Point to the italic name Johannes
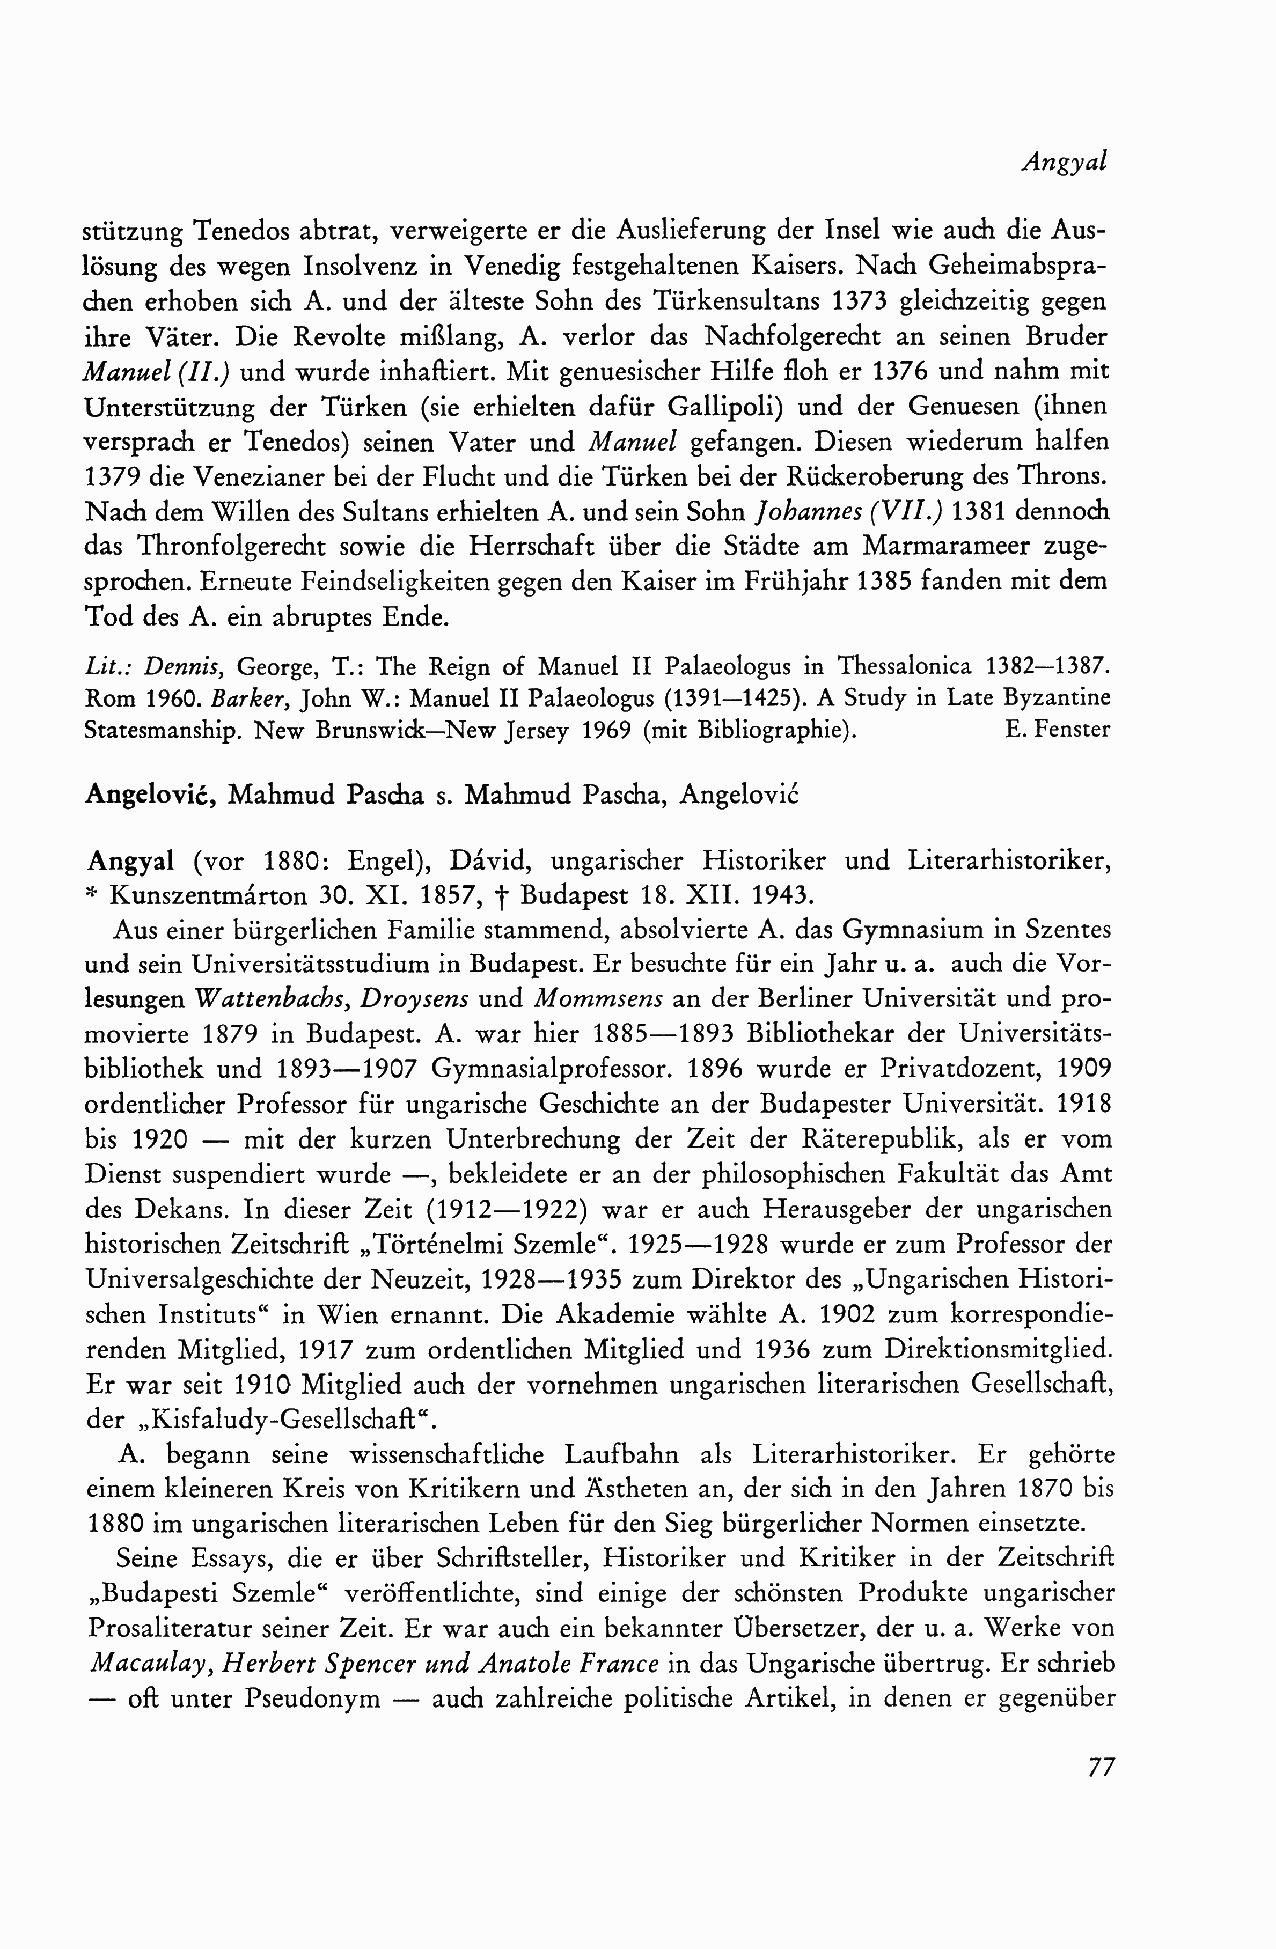(x=808, y=512)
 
